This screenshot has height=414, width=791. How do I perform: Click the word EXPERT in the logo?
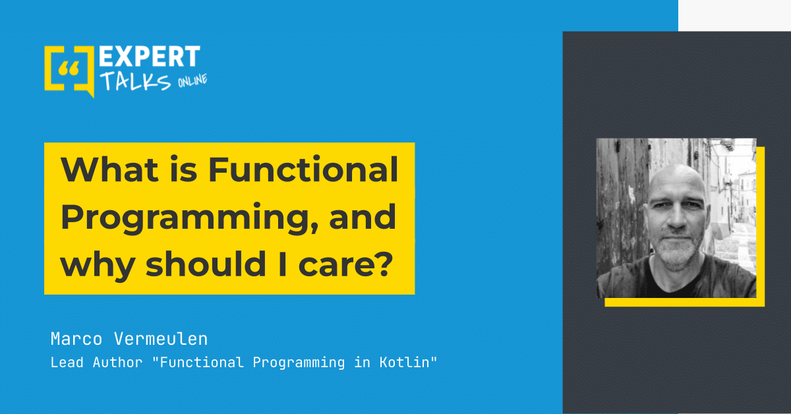click(150, 57)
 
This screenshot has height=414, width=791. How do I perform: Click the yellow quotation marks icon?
click(69, 69)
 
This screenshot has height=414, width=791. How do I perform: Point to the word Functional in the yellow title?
click(303, 170)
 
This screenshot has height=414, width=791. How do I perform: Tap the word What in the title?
click(109, 170)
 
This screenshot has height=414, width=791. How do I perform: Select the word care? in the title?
click(345, 264)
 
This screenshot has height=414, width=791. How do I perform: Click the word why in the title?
click(98, 266)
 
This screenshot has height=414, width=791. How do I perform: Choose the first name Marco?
click(76, 339)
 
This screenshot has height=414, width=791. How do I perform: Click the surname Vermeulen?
click(161, 339)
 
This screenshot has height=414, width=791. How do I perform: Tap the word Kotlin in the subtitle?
click(404, 363)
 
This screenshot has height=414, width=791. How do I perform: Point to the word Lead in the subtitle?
click(67, 363)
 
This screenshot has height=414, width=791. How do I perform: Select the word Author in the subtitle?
click(117, 363)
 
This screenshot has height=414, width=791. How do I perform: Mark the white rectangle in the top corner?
click(734, 16)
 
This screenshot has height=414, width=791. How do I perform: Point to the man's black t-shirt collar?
click(671, 279)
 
